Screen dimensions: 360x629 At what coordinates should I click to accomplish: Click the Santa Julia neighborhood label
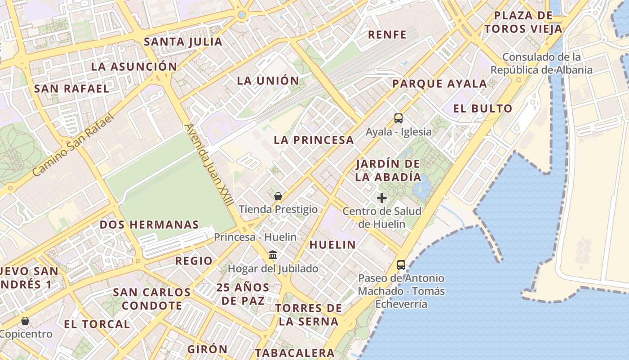183,42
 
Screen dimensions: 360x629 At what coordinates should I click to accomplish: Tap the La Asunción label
134,67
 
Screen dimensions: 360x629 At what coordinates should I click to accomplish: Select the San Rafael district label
72,88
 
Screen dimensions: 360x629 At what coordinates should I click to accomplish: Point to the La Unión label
268,81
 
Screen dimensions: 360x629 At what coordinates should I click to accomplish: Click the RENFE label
387,35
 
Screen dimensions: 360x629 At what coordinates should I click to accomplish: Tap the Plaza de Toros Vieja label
523,22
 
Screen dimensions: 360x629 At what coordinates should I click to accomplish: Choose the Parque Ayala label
439,84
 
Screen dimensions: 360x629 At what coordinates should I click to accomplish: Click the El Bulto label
483,108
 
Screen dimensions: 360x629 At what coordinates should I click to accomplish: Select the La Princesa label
314,140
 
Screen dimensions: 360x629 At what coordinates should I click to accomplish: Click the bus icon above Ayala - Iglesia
399,118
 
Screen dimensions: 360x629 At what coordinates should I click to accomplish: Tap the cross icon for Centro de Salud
382,198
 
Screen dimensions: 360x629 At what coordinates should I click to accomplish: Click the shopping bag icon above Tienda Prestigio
278,196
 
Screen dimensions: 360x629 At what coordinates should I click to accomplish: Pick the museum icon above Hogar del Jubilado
272,255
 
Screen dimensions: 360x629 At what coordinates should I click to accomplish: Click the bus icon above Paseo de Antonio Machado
401,265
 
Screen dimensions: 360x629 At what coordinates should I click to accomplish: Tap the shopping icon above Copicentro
25,321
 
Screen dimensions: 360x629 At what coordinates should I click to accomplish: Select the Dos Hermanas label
149,225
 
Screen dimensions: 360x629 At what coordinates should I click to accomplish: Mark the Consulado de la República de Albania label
541,63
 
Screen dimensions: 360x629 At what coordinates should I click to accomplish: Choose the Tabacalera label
295,353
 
